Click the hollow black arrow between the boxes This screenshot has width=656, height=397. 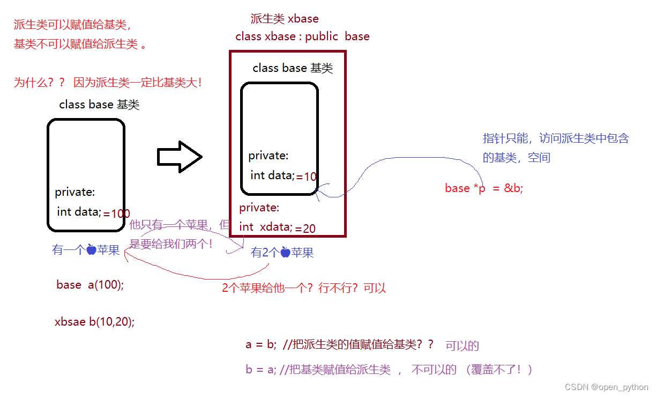179,157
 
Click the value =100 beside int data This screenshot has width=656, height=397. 117,214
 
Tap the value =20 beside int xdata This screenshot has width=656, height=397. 305,229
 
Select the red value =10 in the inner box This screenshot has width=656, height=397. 307,177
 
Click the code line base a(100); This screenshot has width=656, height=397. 90,285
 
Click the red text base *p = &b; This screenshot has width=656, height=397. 483,188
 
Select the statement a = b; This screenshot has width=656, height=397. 261,345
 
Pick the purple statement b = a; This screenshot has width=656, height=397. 261,370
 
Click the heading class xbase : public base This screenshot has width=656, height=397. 302,36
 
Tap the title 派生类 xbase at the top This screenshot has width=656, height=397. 285,19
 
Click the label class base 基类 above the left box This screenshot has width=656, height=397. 99,105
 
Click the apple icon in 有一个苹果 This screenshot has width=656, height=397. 91,250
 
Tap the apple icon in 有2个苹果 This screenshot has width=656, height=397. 285,253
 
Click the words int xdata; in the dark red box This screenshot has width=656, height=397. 266,227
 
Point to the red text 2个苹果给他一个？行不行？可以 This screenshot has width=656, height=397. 304,288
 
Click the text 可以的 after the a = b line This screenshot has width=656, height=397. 462,346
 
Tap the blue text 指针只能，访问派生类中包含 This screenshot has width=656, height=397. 555,138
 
